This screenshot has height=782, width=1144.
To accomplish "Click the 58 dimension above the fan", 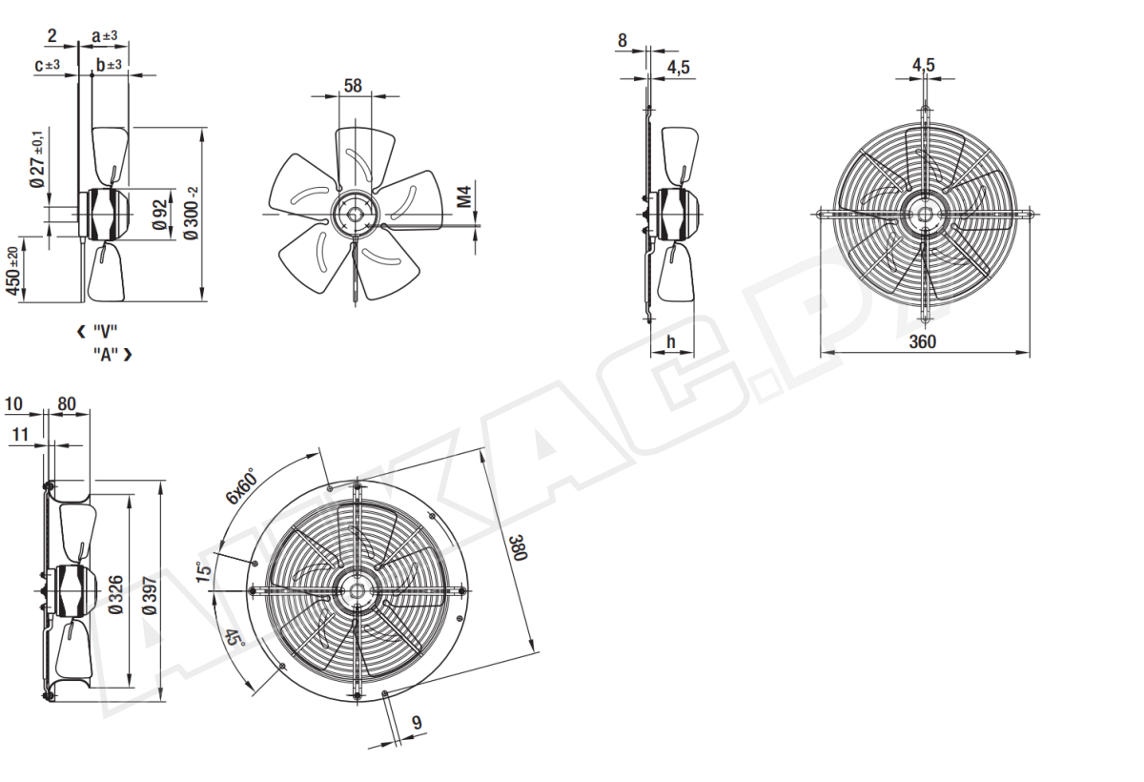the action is [353, 85].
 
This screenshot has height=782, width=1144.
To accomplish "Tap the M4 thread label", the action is [463, 197].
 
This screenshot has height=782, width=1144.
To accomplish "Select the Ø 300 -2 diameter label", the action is [192, 213].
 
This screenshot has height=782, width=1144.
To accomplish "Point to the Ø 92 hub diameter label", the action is [160, 215].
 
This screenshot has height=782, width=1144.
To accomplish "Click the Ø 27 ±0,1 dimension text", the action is [38, 158].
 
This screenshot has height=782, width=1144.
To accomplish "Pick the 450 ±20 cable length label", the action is [12, 271].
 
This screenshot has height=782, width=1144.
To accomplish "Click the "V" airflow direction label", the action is [105, 332].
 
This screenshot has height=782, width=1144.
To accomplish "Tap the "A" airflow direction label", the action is [106, 354].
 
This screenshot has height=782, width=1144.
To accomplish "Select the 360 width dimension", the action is [923, 341].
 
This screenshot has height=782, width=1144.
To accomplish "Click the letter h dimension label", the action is [671, 341].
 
